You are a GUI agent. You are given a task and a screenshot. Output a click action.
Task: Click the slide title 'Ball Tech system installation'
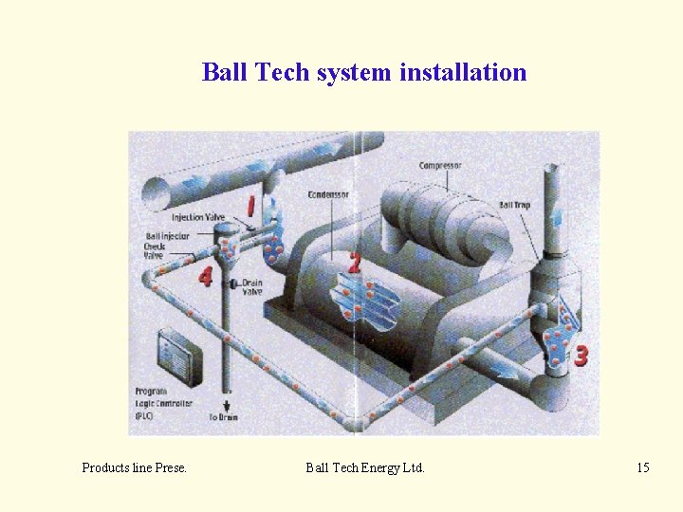(363, 72)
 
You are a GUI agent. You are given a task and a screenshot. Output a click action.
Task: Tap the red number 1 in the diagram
(251, 205)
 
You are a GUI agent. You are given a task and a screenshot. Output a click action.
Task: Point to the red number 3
(580, 356)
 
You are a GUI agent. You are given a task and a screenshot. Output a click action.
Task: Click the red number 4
(205, 276)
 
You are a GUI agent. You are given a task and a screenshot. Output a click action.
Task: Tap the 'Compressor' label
(440, 166)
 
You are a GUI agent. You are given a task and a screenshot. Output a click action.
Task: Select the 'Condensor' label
(328, 194)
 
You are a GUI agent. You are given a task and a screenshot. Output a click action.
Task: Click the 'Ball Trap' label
(514, 205)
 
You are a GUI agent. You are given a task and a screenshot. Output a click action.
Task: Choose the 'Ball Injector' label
(167, 236)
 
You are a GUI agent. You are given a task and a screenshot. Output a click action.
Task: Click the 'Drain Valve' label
(251, 287)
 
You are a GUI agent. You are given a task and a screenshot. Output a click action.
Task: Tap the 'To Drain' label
(224, 417)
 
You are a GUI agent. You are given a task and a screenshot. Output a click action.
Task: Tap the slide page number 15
(643, 467)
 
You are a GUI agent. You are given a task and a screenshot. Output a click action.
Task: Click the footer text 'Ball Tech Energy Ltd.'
(365, 467)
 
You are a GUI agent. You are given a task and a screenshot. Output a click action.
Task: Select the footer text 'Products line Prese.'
(134, 467)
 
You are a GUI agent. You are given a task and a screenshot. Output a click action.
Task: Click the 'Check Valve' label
(154, 250)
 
